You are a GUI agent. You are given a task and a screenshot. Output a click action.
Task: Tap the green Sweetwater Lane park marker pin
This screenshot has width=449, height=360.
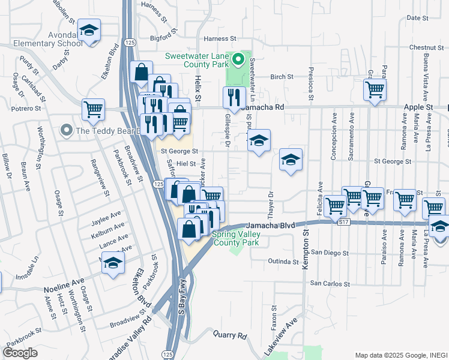click(238, 59)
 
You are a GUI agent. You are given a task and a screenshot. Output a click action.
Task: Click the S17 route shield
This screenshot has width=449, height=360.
click(344, 222)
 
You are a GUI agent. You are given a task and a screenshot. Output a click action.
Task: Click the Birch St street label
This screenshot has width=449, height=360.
click(282, 77)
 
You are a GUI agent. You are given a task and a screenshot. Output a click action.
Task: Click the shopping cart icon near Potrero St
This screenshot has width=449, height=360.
click(93, 109)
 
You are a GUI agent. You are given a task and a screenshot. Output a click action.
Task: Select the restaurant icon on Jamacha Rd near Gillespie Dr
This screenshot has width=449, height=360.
click(232, 97)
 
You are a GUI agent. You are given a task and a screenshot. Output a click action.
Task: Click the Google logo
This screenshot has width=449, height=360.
click(20, 352)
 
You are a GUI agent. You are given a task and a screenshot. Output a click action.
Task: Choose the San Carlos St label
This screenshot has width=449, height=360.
click(330, 283)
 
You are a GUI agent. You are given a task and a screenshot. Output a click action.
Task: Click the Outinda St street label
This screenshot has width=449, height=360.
click(283, 262)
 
